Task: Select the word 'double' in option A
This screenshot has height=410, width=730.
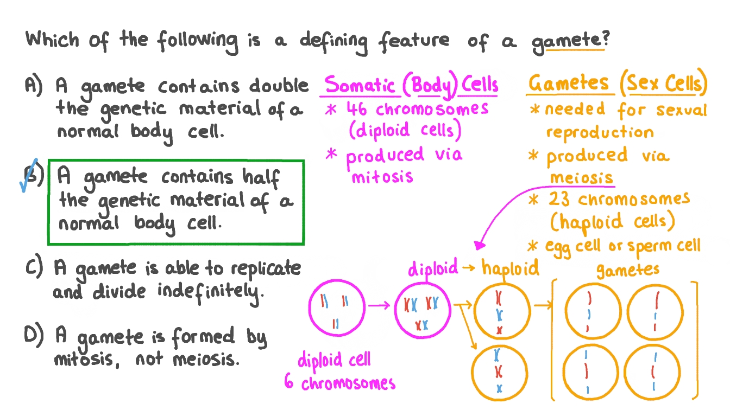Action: pyautogui.click(x=279, y=86)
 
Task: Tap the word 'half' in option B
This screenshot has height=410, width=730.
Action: pyautogui.click(x=261, y=178)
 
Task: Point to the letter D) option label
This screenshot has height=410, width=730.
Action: pyautogui.click(x=34, y=336)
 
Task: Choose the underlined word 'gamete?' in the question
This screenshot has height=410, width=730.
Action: pyautogui.click(x=570, y=42)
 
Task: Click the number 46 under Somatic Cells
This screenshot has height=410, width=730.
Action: pyautogui.click(x=356, y=108)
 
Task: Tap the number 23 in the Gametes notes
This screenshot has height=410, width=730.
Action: pyautogui.click(x=559, y=199)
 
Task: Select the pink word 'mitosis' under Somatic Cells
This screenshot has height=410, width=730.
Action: pyautogui.click(x=382, y=177)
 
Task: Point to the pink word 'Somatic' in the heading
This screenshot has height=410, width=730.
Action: pyautogui.click(x=360, y=85)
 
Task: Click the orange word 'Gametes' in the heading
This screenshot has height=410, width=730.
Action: pyautogui.click(x=568, y=82)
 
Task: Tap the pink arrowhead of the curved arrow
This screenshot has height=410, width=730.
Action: pyautogui.click(x=479, y=245)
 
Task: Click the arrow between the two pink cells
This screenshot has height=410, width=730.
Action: pyautogui.click(x=379, y=305)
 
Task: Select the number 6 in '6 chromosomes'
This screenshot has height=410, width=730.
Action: pyautogui.click(x=289, y=381)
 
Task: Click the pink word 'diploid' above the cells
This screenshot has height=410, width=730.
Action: pyautogui.click(x=433, y=268)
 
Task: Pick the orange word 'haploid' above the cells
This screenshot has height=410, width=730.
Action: pyautogui.click(x=511, y=268)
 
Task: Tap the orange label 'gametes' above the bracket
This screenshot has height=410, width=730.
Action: pyautogui.click(x=628, y=270)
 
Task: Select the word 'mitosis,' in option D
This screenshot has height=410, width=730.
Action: pyautogui.click(x=86, y=360)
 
